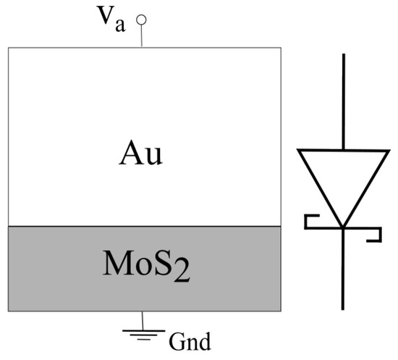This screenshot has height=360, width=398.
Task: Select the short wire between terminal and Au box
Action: coord(142,36)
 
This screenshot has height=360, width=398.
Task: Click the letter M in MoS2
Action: coord(112,267)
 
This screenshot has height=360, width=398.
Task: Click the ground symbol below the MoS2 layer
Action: coord(142,332)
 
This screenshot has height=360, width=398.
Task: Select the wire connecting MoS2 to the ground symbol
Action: coord(142,319)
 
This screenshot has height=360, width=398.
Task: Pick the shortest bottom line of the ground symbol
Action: coord(142,338)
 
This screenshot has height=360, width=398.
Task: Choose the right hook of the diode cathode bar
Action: coord(376,235)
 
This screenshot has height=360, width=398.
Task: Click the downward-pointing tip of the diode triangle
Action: coord(342,224)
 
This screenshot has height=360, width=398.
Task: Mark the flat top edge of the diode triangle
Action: coord(342,151)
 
